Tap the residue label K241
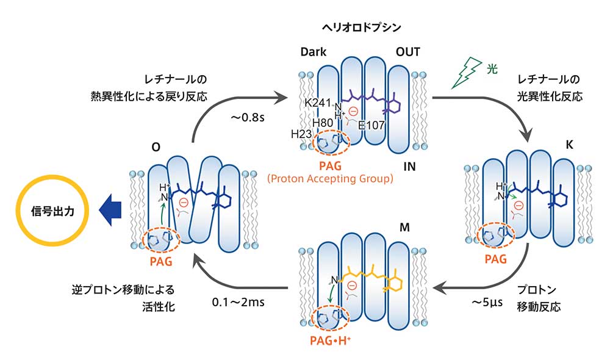point(317,103)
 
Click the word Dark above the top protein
point(313,52)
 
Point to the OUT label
point(407,52)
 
